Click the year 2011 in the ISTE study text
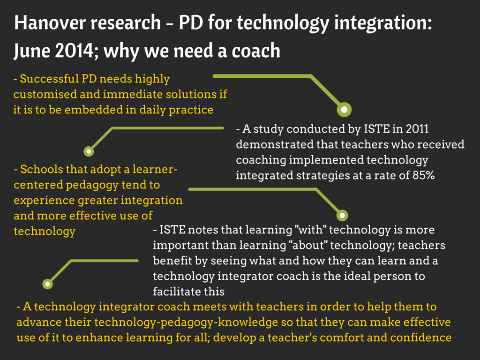(x=417, y=129)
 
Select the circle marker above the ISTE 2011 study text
(x=345, y=110)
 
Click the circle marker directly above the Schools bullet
(x=89, y=151)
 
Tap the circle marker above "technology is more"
(x=343, y=216)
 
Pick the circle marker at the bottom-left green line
(x=47, y=284)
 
